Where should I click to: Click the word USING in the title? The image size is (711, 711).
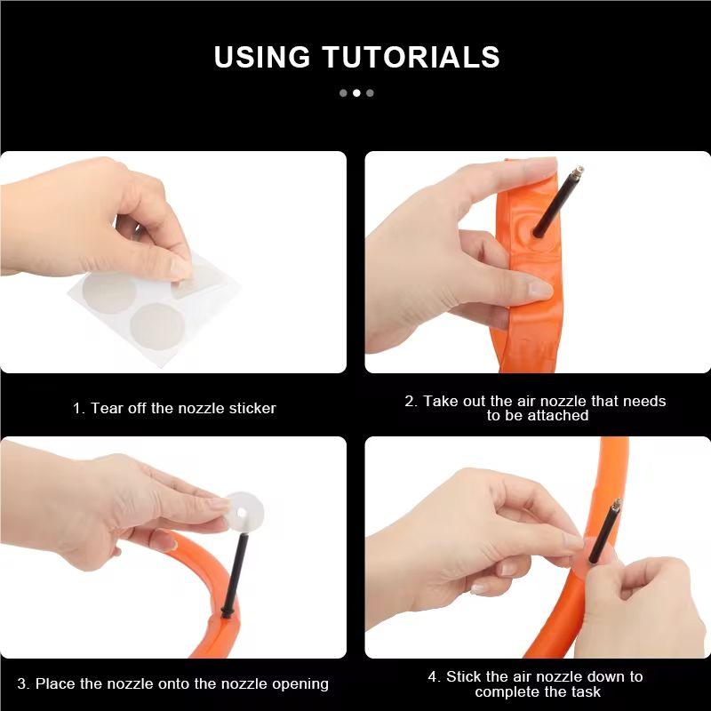coord(262,57)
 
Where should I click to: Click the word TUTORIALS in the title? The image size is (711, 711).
coord(411,57)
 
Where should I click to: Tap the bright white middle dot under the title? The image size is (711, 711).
coord(356,93)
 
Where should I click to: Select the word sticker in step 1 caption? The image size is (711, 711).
coord(252,408)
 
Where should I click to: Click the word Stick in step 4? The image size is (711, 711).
coord(463,676)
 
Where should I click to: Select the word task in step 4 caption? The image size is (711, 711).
coord(586,691)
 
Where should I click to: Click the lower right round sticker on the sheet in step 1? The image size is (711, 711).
coord(157,327)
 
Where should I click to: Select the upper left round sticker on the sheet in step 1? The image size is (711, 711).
coord(108,292)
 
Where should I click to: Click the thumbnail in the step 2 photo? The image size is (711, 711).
coord(540,290)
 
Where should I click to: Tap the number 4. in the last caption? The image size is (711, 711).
coord(435,676)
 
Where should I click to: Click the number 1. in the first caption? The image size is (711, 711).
coord(79,408)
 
